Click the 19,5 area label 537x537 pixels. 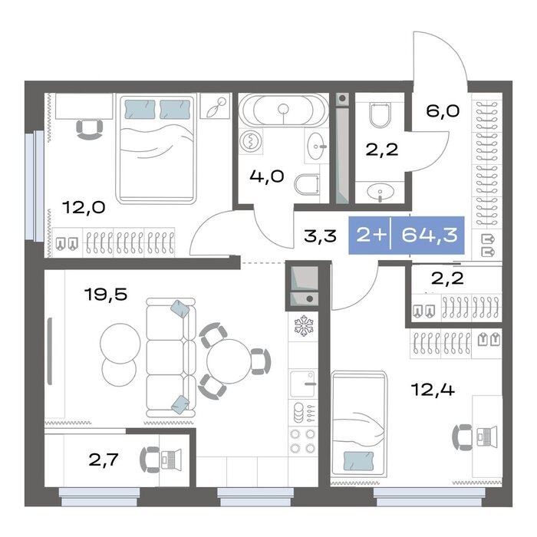tap(106, 295)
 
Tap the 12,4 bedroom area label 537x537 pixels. tap(433, 390)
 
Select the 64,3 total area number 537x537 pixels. tap(430, 236)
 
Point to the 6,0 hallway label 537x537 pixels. tap(443, 111)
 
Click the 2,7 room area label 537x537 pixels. tap(104, 460)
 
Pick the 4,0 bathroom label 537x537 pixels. tap(267, 176)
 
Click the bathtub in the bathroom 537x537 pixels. tap(283, 110)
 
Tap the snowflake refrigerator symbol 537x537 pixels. tap(304, 326)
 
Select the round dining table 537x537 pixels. tap(229, 361)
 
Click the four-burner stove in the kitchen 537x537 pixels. tap(303, 441)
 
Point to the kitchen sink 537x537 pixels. tap(302, 384)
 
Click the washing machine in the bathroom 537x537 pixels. tap(251, 141)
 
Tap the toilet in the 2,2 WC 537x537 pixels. tap(380, 115)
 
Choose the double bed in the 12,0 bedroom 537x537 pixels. tap(156, 149)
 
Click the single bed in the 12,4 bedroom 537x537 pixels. tap(358, 424)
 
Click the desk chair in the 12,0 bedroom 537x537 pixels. tap(90, 130)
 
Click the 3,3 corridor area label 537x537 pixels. tap(321, 236)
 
